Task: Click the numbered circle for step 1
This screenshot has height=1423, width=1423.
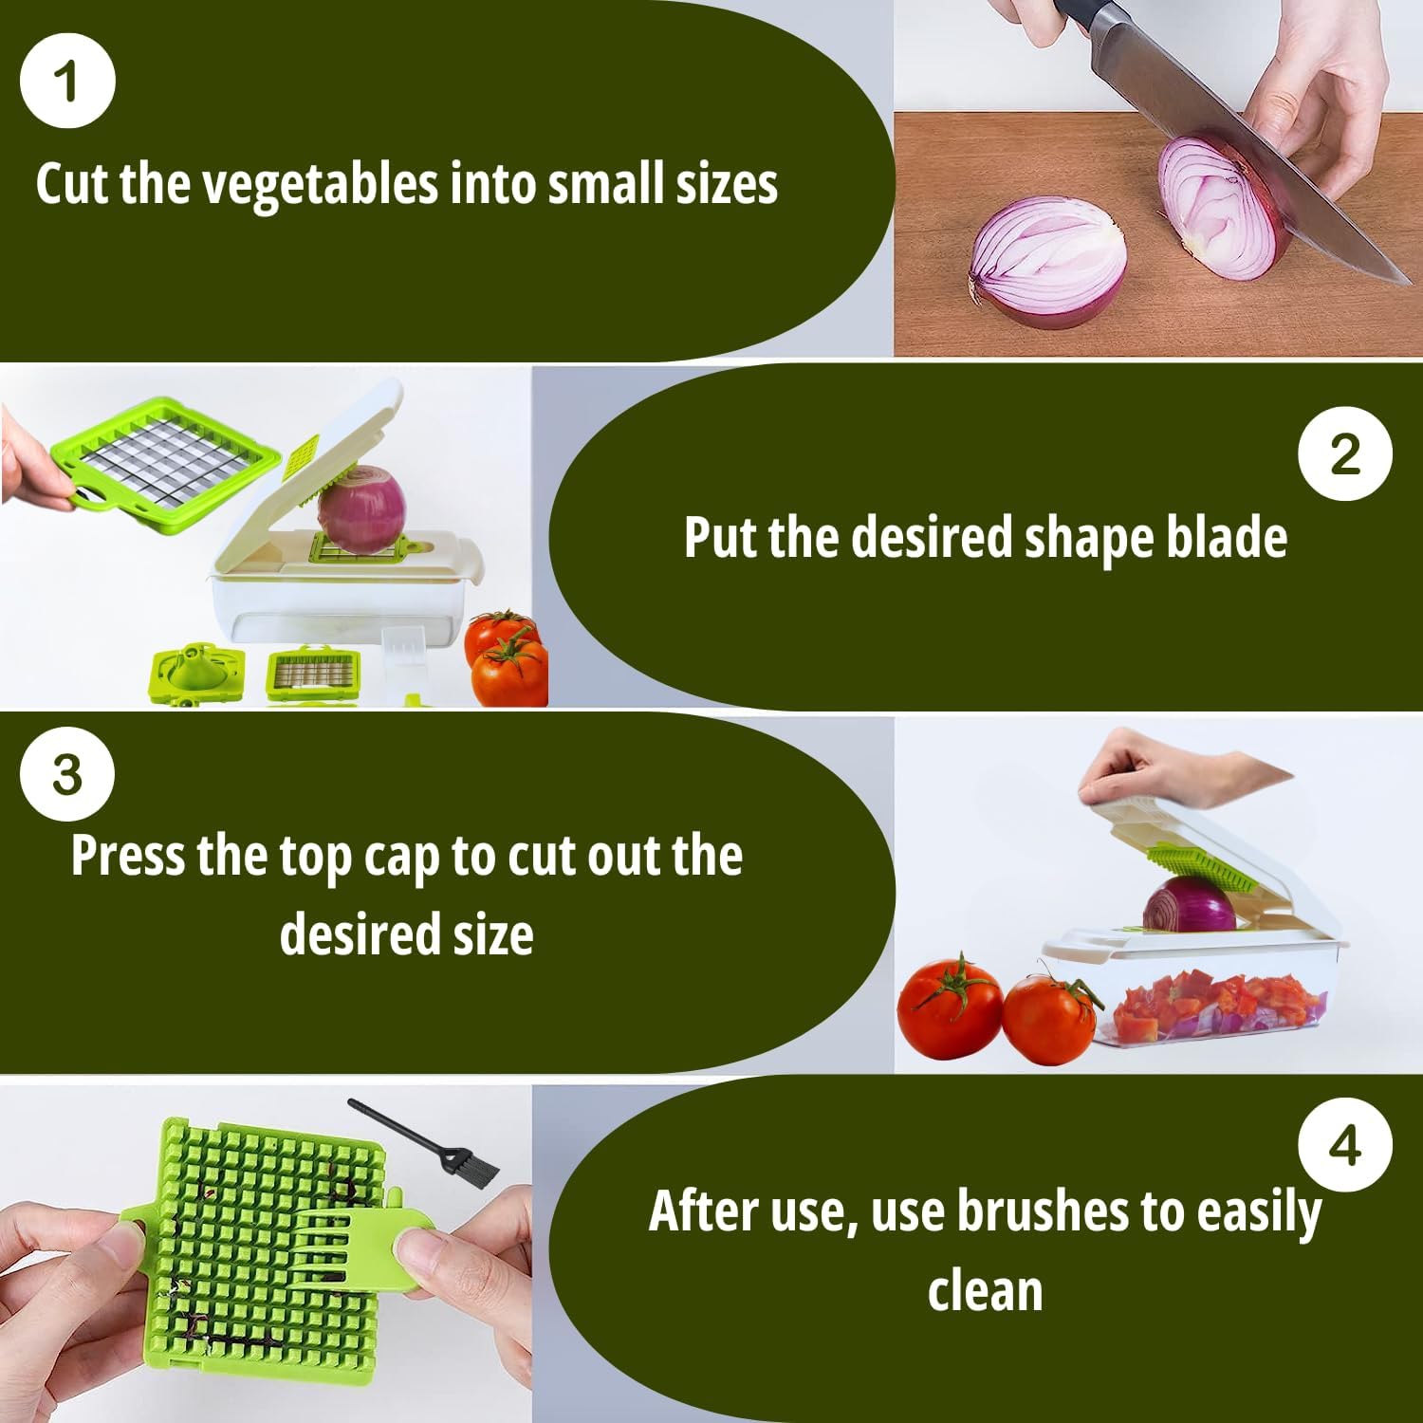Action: [x=67, y=81]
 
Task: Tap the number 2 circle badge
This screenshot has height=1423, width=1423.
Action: [x=1344, y=454]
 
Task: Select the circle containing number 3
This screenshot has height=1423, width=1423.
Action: [x=67, y=774]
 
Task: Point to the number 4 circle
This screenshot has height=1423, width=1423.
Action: [x=1344, y=1145]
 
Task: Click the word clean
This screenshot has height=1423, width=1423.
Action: [x=985, y=1291]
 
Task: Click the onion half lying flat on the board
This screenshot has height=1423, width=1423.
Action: [x=1045, y=261]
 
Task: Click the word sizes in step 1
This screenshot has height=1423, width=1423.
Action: [x=727, y=184]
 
